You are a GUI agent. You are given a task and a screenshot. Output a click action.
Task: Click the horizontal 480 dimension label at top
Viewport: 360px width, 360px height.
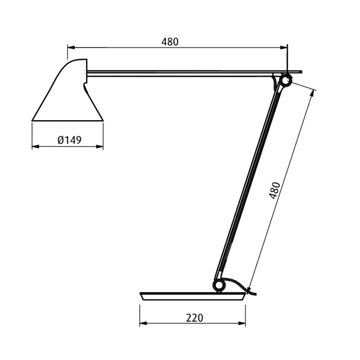170,42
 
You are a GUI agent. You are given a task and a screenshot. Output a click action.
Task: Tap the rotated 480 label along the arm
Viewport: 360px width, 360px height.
274,190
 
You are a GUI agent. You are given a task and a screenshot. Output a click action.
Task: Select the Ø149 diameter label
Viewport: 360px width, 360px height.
69,140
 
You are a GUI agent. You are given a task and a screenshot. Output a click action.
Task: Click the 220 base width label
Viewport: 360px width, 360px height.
194,318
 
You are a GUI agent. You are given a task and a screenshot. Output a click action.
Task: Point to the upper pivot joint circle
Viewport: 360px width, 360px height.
286,80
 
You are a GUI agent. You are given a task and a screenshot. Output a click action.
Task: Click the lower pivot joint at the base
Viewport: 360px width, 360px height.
219,285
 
